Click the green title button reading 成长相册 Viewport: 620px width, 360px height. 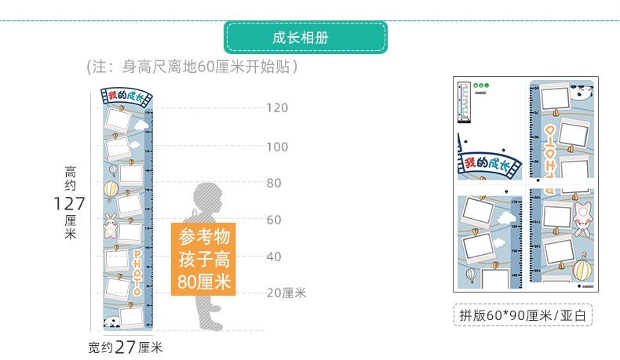pyautogui.click(x=306, y=38)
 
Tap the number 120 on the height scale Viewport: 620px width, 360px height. pyautogui.click(x=277, y=109)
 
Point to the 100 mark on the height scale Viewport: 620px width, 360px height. pyautogui.click(x=277, y=147)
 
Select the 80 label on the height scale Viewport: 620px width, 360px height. pyautogui.click(x=274, y=184)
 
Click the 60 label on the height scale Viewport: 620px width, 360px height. pyautogui.click(x=274, y=220)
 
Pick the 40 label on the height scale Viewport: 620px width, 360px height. pyautogui.click(x=274, y=257)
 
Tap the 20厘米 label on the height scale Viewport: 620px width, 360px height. pyautogui.click(x=286, y=293)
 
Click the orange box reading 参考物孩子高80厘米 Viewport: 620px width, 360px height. pyautogui.click(x=203, y=259)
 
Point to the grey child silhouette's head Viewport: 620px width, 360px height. pyautogui.click(x=207, y=197)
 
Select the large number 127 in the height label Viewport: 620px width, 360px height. pyautogui.click(x=70, y=204)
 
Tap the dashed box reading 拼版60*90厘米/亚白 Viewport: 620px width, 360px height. pyautogui.click(x=523, y=315)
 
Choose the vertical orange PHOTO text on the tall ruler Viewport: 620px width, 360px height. pyautogui.click(x=137, y=271)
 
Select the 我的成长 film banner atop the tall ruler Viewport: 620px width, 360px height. pyautogui.click(x=127, y=97)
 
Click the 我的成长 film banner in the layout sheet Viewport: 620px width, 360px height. pyautogui.click(x=491, y=164)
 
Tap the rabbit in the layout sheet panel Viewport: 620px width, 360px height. pyautogui.click(x=582, y=219)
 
